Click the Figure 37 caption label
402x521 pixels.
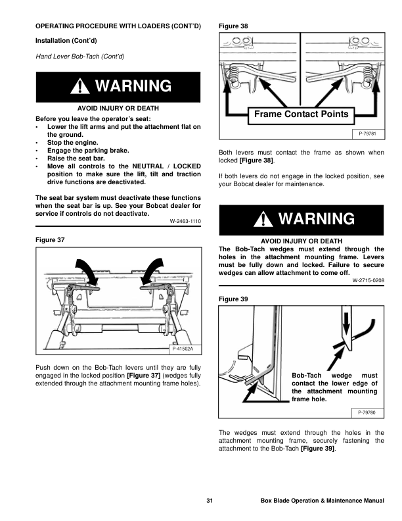click(50, 240)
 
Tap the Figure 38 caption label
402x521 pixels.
click(233, 26)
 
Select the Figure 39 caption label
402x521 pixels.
click(233, 299)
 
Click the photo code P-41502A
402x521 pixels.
click(183, 349)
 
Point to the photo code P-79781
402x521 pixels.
click(367, 134)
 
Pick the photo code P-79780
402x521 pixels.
click(367, 412)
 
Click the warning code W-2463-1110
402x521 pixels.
click(185, 221)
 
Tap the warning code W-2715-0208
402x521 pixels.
click(368, 280)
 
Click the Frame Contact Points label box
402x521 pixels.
click(301, 115)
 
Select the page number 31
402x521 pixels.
click(210, 501)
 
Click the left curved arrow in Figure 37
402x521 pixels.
click(87, 272)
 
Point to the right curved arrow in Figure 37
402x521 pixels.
click(152, 271)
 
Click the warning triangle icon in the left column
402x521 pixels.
click(80, 86)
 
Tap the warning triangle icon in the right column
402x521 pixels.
click(263, 219)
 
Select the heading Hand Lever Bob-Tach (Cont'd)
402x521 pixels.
click(80, 57)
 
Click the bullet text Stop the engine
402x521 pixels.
click(73, 143)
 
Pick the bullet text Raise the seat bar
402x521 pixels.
click(76, 159)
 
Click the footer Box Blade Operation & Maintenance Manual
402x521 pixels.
click(323, 501)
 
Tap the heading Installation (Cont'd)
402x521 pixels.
click(66, 41)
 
